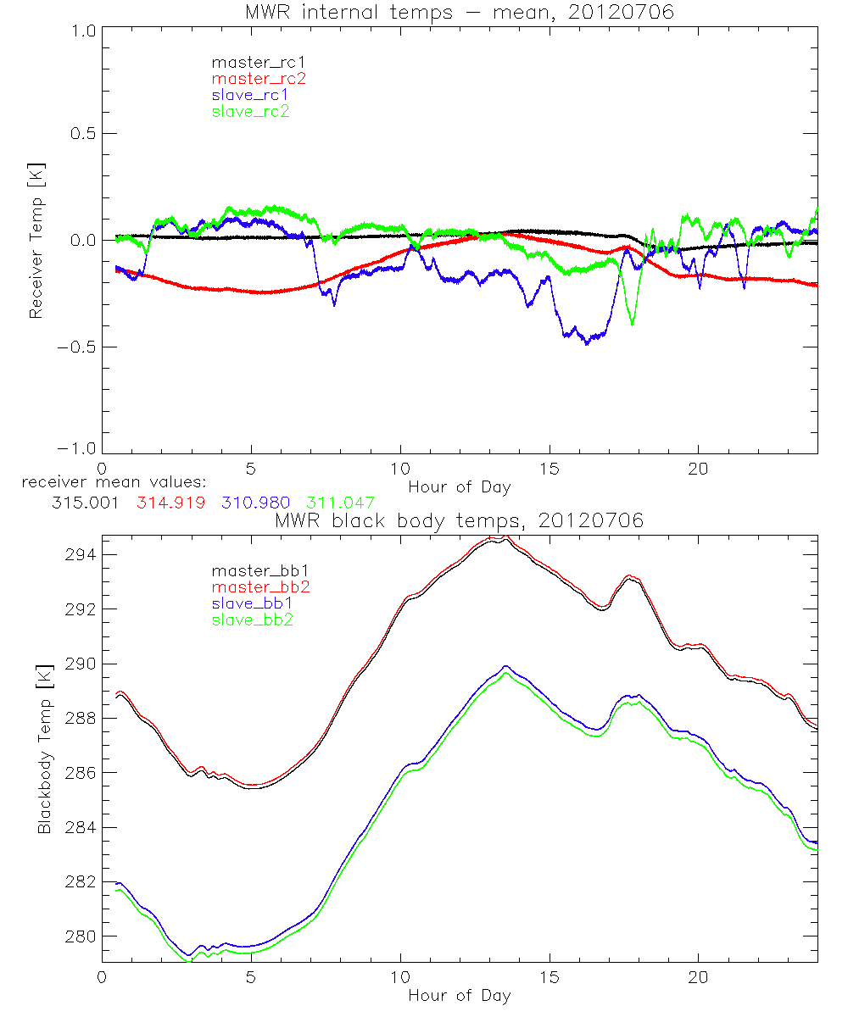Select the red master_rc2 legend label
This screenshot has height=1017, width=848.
(x=258, y=78)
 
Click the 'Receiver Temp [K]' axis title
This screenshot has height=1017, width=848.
(x=36, y=240)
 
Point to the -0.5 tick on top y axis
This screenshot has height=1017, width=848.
(x=74, y=347)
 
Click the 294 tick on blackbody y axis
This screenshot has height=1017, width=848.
(x=81, y=554)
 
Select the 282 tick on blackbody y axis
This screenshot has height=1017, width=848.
(x=81, y=881)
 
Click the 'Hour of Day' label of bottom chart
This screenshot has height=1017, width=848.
(x=460, y=995)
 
